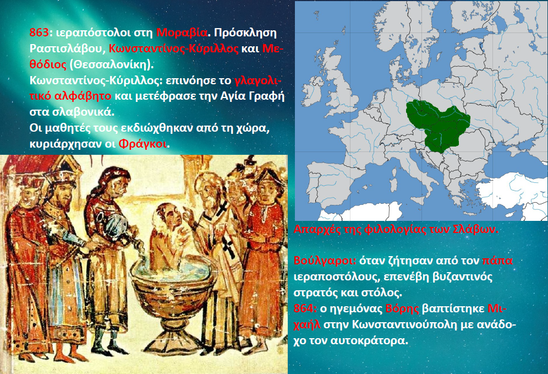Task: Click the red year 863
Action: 39,32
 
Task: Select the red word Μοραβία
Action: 182,32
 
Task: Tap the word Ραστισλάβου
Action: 66,48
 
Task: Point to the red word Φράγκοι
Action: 143,143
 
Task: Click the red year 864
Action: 304,308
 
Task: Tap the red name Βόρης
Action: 402,308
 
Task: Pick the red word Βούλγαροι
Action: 325,261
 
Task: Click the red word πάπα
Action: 497,261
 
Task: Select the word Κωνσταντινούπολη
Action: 404,324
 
